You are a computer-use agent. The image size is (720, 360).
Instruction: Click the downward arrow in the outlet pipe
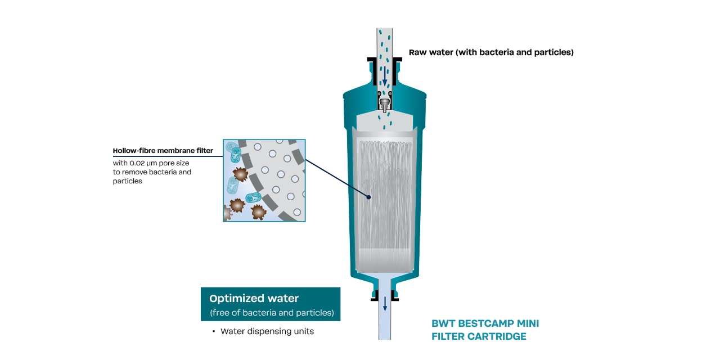pyautogui.click(x=385, y=304)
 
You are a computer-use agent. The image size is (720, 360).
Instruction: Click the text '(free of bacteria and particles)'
pyautogui.click(x=272, y=312)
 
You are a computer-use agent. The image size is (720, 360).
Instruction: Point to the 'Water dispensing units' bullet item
pyautogui.click(x=267, y=331)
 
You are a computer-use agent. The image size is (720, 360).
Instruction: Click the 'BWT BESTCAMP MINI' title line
pyautogui.click(x=485, y=324)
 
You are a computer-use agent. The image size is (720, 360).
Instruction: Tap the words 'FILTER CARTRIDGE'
pyautogui.click(x=479, y=336)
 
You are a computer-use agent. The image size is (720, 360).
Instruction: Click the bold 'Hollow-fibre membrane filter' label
pyautogui.click(x=163, y=151)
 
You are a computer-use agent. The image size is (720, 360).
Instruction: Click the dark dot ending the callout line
pyautogui.click(x=369, y=197)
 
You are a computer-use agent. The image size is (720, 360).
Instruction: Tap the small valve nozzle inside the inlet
pyautogui.click(x=384, y=103)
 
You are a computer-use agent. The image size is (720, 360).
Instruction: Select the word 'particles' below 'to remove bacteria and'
pyautogui.click(x=127, y=181)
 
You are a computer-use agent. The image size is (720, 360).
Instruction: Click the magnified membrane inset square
pyautogui.click(x=264, y=181)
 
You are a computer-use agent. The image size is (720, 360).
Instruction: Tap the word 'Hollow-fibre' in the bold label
pyautogui.click(x=133, y=151)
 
